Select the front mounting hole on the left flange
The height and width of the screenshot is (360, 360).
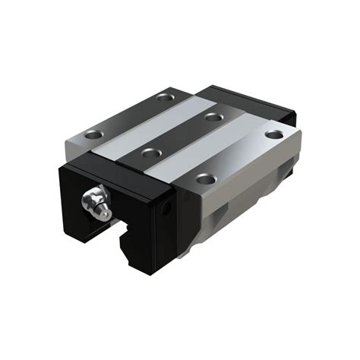(x=94, y=135)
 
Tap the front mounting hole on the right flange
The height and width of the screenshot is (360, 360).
(x=203, y=179)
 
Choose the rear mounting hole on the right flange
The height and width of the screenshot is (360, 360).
(x=273, y=134)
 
